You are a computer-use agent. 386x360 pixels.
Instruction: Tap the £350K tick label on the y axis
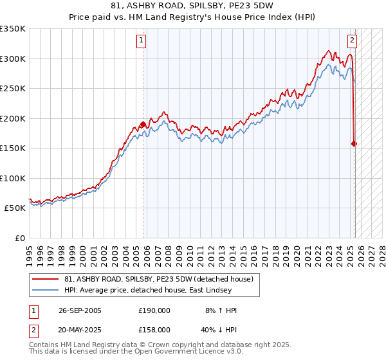click(x=13, y=29)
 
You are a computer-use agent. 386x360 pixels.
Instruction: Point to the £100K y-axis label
click(x=13, y=178)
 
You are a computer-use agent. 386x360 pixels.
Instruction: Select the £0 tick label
click(x=19, y=238)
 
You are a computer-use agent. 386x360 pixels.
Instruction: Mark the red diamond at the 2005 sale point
click(x=143, y=125)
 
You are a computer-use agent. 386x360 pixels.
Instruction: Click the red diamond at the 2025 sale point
click(x=354, y=144)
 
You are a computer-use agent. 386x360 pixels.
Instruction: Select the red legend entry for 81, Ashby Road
click(x=154, y=279)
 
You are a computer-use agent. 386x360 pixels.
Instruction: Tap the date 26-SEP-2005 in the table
click(x=79, y=310)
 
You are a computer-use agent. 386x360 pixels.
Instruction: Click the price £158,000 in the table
click(x=154, y=329)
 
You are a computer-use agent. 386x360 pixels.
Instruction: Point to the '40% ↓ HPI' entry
click(x=219, y=329)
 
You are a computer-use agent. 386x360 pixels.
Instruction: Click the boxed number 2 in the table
click(x=32, y=329)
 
